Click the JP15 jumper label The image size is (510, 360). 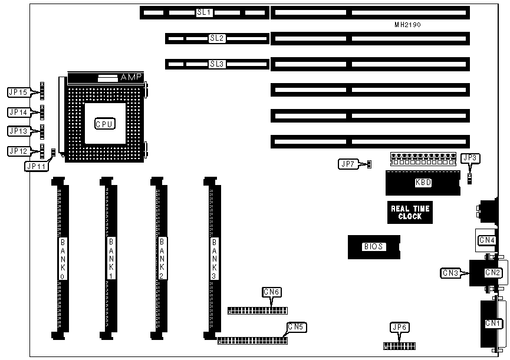point(17,92)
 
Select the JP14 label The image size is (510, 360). point(17,111)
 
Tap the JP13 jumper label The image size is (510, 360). point(17,131)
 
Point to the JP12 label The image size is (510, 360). point(17,151)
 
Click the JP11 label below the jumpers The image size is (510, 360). point(35,166)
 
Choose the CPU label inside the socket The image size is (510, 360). point(105,124)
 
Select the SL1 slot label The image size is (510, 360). point(204,12)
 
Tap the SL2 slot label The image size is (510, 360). point(217,38)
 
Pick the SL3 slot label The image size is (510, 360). point(217,64)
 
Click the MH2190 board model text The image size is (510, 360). point(407,25)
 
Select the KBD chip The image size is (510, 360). point(423,183)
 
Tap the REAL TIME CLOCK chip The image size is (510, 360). point(410,212)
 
